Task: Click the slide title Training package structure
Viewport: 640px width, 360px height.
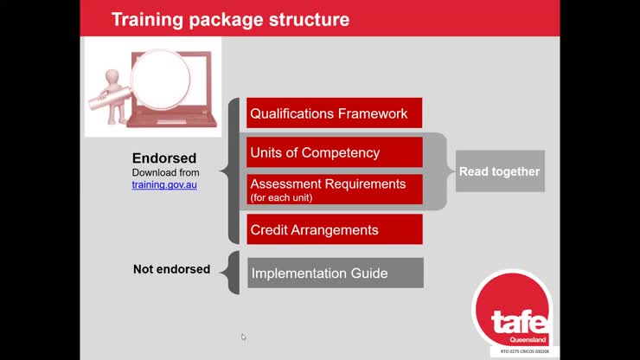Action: click(x=229, y=18)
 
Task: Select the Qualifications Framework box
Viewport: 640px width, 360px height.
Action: click(x=334, y=113)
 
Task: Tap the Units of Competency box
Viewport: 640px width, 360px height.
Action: click(x=334, y=152)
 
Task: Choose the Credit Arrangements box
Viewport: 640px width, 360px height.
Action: click(x=334, y=230)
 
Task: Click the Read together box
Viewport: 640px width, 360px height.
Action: click(x=499, y=171)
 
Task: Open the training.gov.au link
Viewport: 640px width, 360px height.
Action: click(x=164, y=184)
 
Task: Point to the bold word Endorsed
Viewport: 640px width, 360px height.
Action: click(x=164, y=158)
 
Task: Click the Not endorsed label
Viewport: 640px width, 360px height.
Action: click(x=171, y=269)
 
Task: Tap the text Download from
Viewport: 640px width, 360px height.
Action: click(x=165, y=172)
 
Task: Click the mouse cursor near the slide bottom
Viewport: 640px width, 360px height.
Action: click(x=244, y=337)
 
